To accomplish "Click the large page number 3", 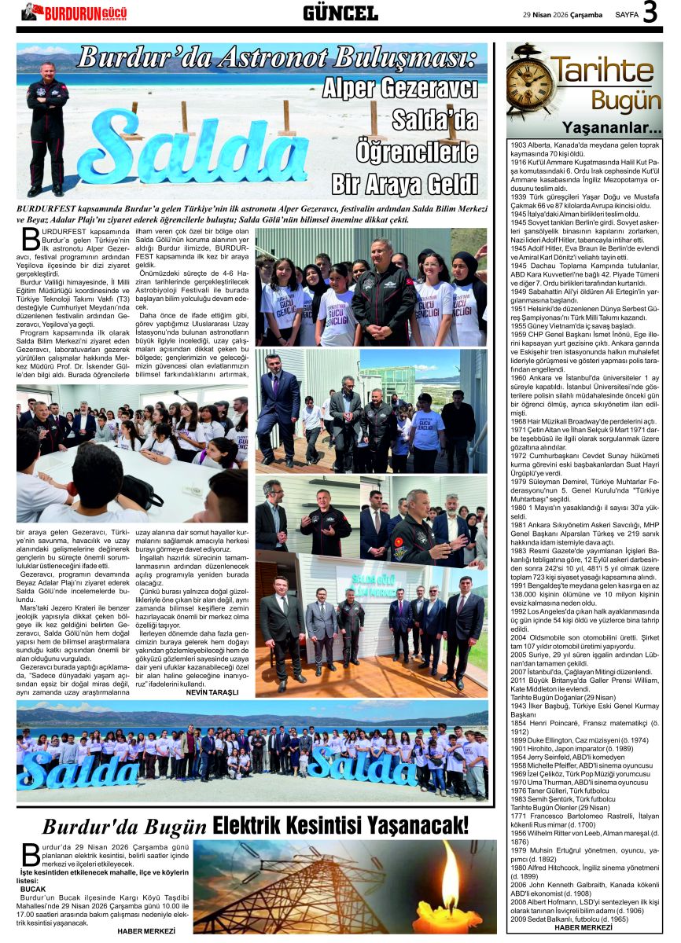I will [x=651, y=13].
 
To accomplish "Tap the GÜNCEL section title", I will [x=340, y=13].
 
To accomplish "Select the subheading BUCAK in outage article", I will [x=33, y=889].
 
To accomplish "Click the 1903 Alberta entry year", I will [x=519, y=145].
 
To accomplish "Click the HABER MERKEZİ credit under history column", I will [x=583, y=927].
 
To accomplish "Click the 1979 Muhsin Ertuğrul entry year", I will [x=519, y=850].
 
